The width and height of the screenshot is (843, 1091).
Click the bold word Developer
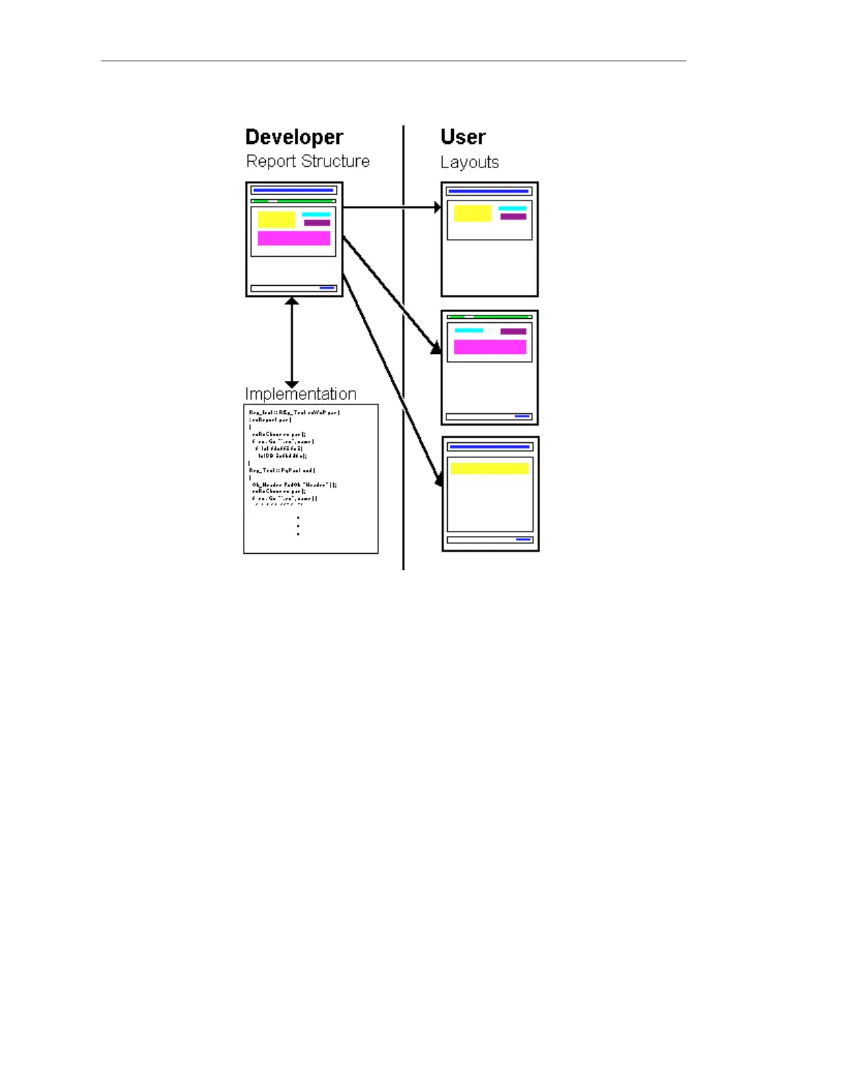294,137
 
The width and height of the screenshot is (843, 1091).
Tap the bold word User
463,137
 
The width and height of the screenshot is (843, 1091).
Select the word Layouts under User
470,163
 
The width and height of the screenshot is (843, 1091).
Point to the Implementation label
301,394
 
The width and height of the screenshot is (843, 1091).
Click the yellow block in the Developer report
276,220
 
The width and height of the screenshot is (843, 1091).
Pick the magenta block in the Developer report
293,238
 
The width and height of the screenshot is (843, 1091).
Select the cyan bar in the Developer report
316,215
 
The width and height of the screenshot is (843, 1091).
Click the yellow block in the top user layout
472,214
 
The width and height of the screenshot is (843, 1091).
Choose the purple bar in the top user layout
513,217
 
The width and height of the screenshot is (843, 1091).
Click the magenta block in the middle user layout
490,346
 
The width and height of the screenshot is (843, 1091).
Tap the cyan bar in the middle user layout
469,331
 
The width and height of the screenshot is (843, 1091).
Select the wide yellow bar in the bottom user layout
490,468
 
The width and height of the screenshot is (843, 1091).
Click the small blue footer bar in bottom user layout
523,539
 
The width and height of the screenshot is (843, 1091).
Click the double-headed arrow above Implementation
292,342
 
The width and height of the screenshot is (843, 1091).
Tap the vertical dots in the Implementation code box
298,526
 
